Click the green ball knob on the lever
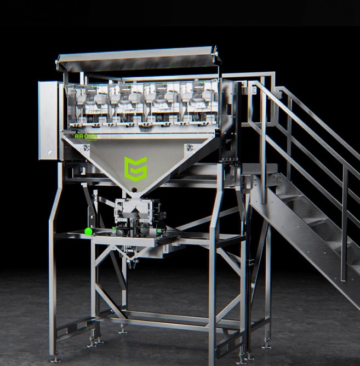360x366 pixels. pyautogui.click(x=88, y=231)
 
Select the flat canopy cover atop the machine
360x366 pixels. pyautogui.click(x=137, y=58)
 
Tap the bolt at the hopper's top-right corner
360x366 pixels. pyautogui.click(x=188, y=146)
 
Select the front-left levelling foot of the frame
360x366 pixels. pyautogui.click(x=55, y=357)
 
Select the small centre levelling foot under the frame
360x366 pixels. pyautogui.click(x=122, y=329)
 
